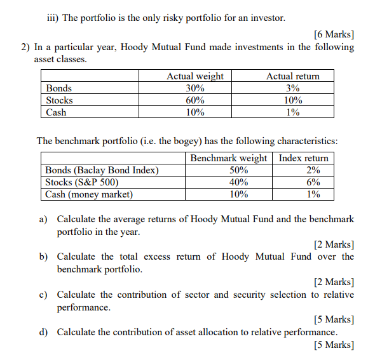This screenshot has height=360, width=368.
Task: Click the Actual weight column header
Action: click(x=194, y=76)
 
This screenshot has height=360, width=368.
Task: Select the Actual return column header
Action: click(x=292, y=76)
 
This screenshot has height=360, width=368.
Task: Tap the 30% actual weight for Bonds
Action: click(x=194, y=88)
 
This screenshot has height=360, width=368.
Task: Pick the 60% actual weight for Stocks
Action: click(x=194, y=100)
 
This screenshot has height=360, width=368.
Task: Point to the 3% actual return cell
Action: click(x=292, y=88)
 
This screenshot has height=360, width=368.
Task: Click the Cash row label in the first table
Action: click(x=56, y=112)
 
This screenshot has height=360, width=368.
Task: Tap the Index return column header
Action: click(x=304, y=158)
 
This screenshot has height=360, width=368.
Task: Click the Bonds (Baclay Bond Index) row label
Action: click(x=102, y=170)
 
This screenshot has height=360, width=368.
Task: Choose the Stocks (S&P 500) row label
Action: click(x=82, y=182)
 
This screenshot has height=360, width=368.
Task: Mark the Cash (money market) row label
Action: click(x=89, y=194)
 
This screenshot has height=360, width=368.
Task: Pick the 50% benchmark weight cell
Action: click(x=238, y=170)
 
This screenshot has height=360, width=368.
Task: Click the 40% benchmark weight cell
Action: click(x=238, y=182)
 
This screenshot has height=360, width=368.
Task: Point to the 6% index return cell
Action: click(x=313, y=182)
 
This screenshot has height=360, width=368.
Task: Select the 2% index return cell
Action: click(x=313, y=170)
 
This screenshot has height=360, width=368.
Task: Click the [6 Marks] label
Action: click(x=334, y=34)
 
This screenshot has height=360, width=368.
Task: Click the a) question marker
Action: click(x=44, y=219)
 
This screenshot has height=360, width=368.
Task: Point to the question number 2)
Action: click(x=25, y=47)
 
